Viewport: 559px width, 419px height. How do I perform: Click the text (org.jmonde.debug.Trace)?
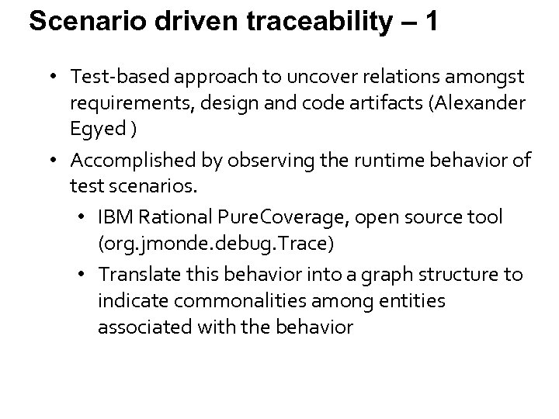pos(216,244)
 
